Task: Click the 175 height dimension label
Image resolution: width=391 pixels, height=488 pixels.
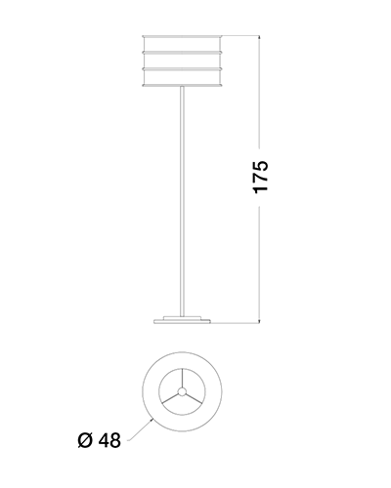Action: (261, 177)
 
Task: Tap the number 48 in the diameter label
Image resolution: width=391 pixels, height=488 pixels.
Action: (109, 440)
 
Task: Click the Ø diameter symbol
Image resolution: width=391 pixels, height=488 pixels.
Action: (86, 440)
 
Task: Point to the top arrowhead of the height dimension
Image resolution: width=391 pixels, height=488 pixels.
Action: (259, 38)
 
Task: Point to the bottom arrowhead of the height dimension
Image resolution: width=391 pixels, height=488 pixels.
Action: (259, 320)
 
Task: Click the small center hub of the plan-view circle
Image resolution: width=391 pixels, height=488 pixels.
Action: (182, 391)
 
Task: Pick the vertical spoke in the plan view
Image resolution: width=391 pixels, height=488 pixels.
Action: (182, 378)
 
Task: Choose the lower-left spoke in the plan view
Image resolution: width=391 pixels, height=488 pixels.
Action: (170, 398)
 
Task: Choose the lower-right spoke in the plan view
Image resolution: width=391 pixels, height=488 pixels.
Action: (194, 398)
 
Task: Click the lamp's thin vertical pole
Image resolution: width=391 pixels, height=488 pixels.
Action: (182, 201)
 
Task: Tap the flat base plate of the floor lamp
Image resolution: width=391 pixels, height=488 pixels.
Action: (182, 321)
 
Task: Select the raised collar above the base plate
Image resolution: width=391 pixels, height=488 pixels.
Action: (182, 317)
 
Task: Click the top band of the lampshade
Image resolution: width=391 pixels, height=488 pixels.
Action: (182, 44)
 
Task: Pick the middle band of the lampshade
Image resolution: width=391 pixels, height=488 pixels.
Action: (182, 61)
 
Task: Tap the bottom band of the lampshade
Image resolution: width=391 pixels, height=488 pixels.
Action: (182, 77)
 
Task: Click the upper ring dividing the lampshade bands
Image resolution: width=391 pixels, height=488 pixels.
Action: (182, 52)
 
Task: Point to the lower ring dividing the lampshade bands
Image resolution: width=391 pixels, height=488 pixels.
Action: (182, 69)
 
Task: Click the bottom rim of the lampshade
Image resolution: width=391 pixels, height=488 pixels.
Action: (182, 86)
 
